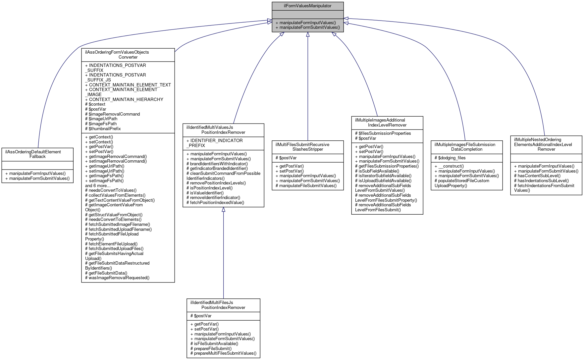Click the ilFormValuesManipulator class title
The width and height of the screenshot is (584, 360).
click(307, 6)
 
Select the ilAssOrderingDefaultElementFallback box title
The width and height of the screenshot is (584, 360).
click(37, 154)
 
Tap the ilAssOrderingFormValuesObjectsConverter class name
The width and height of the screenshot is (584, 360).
click(128, 55)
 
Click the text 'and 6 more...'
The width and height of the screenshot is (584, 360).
click(98, 185)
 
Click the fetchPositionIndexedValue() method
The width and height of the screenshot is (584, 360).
click(217, 202)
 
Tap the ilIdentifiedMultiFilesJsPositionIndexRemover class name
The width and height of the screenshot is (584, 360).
click(223, 305)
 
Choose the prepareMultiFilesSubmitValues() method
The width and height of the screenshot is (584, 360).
click(225, 353)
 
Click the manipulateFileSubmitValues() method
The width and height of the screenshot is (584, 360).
click(308, 185)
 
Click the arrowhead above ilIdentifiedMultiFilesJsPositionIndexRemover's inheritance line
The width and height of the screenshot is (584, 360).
click(223, 210)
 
